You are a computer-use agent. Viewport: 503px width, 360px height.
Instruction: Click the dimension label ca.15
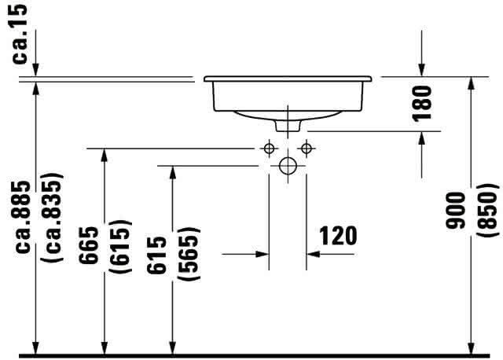pyautogui.click(x=19, y=33)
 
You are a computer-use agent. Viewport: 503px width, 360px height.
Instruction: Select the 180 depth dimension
pyautogui.click(x=422, y=104)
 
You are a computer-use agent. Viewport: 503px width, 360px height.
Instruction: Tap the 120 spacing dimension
pyautogui.click(x=338, y=236)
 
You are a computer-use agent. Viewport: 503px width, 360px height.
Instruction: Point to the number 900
pyautogui.click(x=455, y=211)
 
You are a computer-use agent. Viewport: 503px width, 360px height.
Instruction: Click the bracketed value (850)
pyautogui.click(x=487, y=211)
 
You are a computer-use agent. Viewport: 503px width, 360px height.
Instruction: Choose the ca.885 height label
pyautogui.click(x=23, y=217)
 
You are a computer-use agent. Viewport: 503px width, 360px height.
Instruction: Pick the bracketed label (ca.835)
pyautogui.click(x=52, y=217)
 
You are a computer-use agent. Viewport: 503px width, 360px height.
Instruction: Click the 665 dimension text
pyautogui.click(x=89, y=245)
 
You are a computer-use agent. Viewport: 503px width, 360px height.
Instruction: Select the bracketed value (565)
pyautogui.click(x=189, y=254)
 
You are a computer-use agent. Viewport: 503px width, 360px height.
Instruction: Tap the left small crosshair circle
pyautogui.click(x=269, y=149)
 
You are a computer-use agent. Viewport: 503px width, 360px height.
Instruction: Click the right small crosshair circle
pyautogui.click(x=307, y=149)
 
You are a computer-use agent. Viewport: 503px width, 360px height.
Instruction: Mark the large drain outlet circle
pyautogui.click(x=288, y=166)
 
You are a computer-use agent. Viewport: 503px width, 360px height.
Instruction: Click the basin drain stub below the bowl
pyautogui.click(x=288, y=126)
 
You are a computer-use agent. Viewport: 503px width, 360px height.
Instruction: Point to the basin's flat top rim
pyautogui.click(x=288, y=79)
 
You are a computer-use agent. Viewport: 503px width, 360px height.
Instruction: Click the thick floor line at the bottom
pyautogui.click(x=255, y=355)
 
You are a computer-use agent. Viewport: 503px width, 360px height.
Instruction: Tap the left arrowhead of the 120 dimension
pyautogui.click(x=263, y=254)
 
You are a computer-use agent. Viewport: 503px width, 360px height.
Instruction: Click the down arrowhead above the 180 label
pyautogui.click(x=422, y=70)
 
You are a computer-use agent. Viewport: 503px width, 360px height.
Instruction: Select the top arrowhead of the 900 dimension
pyautogui.click(x=471, y=83)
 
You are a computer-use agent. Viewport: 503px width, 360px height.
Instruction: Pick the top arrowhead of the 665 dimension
pyautogui.click(x=104, y=156)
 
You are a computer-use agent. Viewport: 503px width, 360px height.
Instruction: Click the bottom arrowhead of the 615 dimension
pyautogui.click(x=173, y=347)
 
